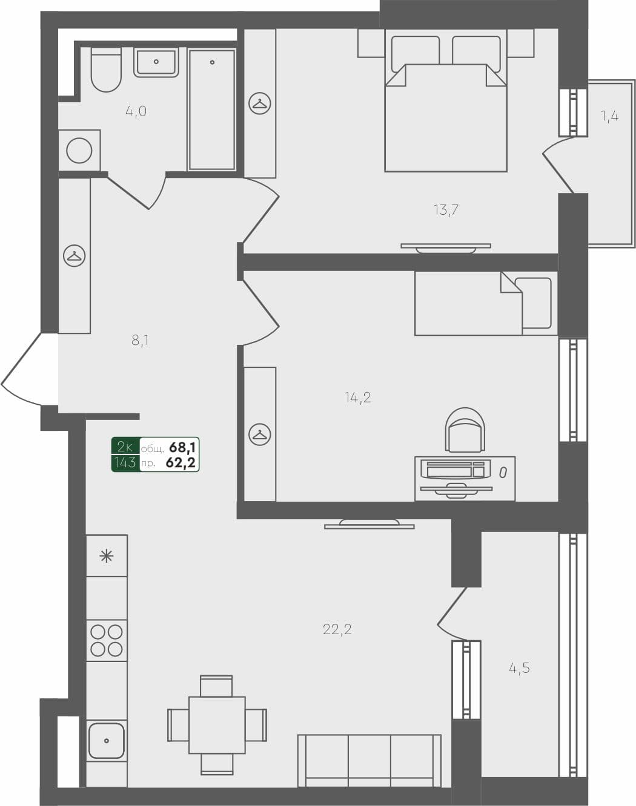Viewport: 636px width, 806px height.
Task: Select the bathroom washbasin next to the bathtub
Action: pyautogui.click(x=156, y=62)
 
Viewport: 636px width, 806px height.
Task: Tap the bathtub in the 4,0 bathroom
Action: pyautogui.click(x=211, y=110)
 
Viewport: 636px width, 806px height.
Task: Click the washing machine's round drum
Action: pyautogui.click(x=79, y=150)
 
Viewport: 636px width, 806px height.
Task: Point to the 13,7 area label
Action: pyautogui.click(x=446, y=210)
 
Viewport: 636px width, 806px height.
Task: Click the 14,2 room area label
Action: pyautogui.click(x=357, y=398)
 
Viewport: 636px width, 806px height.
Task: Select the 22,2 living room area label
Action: pyautogui.click(x=337, y=629)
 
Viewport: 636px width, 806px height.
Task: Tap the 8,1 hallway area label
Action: pyautogui.click(x=140, y=340)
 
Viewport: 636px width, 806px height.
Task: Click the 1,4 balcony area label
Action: pyautogui.click(x=609, y=116)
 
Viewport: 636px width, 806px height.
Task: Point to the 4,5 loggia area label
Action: pyautogui.click(x=519, y=668)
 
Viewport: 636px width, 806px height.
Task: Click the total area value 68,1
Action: pyautogui.click(x=182, y=448)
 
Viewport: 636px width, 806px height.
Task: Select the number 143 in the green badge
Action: pyautogui.click(x=125, y=463)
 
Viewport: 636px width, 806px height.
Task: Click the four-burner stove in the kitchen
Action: pyautogui.click(x=107, y=641)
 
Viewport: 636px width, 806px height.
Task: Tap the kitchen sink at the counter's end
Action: pyautogui.click(x=107, y=741)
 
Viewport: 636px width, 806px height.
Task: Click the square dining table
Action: pyautogui.click(x=217, y=725)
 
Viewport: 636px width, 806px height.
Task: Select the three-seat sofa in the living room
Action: pyautogui.click(x=369, y=760)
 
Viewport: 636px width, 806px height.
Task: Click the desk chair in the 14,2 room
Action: pyautogui.click(x=465, y=431)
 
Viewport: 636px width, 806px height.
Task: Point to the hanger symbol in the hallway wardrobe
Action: pyautogui.click(x=75, y=256)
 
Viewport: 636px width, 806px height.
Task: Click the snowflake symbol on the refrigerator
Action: pyautogui.click(x=107, y=555)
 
